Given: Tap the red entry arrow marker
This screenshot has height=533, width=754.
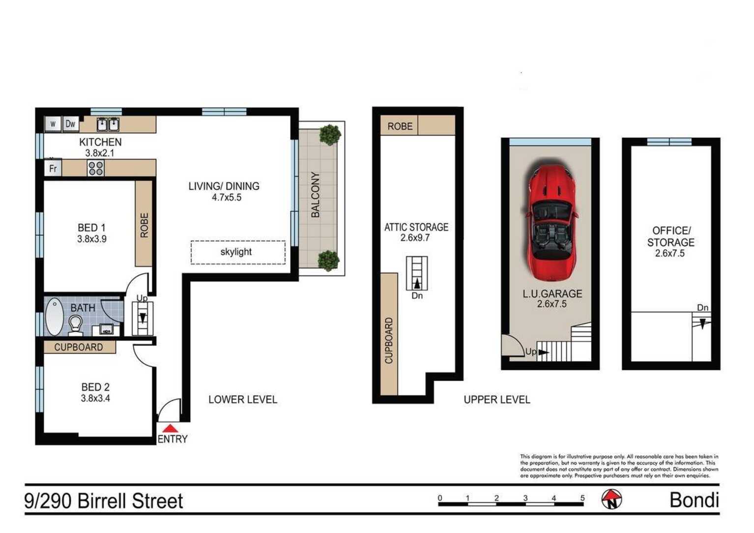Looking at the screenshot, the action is click(171, 428).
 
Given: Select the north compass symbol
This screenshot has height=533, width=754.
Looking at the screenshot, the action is click(611, 499).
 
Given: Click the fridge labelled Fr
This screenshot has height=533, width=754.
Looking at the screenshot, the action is click(53, 168).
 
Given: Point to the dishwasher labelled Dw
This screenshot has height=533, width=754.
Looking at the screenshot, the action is click(70, 124).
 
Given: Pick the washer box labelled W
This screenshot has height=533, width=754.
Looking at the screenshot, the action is click(53, 124).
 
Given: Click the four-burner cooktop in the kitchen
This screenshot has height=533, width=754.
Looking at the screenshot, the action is click(95, 168).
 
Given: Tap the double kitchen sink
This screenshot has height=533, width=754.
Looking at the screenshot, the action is click(108, 124).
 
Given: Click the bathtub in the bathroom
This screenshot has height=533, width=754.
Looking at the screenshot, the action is click(54, 317).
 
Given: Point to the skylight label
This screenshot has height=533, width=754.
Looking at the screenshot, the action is click(236, 252).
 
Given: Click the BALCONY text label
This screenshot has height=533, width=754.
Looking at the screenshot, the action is click(315, 195).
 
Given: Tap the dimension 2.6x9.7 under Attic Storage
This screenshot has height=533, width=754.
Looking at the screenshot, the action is click(415, 237).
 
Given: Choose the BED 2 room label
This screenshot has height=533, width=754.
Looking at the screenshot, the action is click(95, 387).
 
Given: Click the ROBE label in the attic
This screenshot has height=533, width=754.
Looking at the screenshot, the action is click(400, 126).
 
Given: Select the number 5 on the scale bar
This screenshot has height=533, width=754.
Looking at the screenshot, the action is click(582, 498).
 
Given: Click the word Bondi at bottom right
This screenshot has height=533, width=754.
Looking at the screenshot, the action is click(695, 500).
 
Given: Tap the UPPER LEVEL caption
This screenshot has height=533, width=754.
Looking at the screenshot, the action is click(497, 400).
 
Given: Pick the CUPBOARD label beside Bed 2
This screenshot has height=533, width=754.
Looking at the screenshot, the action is click(79, 347).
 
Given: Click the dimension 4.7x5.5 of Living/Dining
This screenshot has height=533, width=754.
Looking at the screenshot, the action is click(227, 197).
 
